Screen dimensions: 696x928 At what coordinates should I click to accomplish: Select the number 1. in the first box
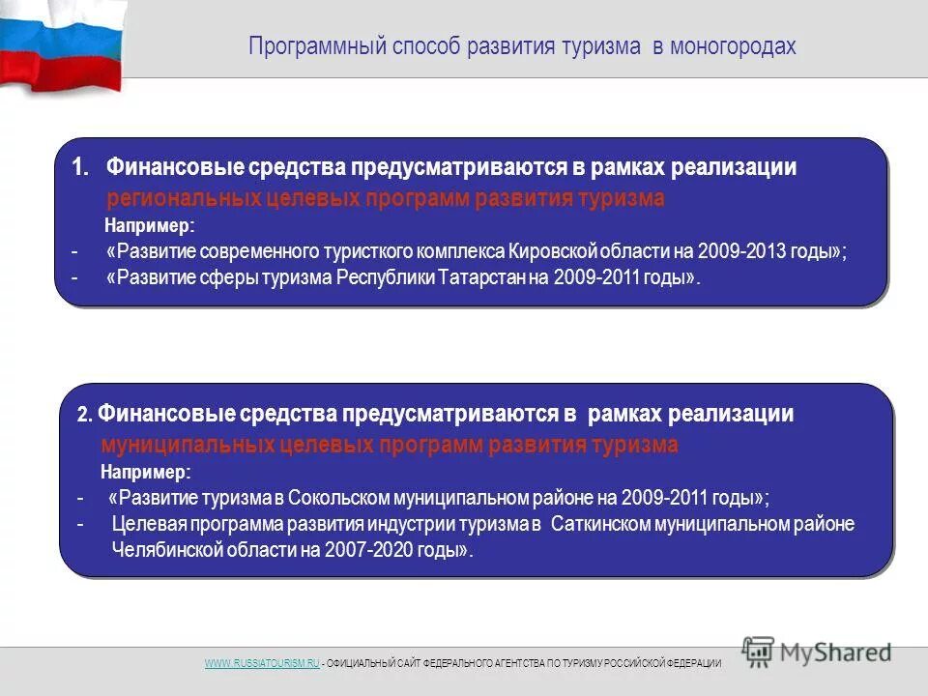click(x=80, y=166)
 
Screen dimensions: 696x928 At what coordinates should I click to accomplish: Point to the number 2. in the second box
click(x=84, y=416)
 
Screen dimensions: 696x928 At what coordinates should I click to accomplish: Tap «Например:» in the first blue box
click(x=149, y=226)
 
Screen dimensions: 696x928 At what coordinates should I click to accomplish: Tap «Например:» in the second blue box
click(x=146, y=472)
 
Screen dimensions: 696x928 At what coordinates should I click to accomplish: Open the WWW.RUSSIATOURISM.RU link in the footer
click(x=261, y=663)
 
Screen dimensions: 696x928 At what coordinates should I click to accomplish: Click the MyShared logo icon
click(x=759, y=651)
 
